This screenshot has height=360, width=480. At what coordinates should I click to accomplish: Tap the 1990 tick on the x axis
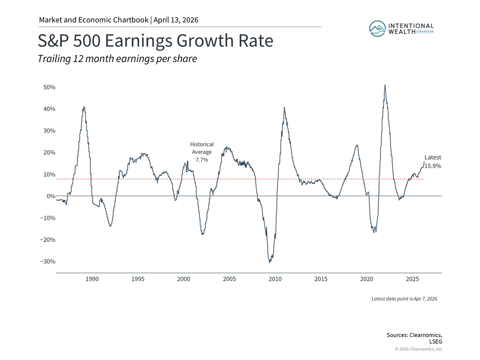point(92,279)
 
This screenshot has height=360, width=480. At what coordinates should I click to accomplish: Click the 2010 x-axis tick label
point(275,279)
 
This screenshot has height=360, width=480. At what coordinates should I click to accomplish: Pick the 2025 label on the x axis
point(412,279)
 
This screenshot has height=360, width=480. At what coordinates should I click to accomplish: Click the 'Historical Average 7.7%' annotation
point(202,152)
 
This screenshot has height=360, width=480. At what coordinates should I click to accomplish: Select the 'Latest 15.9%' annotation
point(432,162)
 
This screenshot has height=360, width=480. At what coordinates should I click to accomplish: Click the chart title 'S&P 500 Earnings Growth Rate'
point(155,41)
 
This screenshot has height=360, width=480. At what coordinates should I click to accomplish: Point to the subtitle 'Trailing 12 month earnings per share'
point(117,59)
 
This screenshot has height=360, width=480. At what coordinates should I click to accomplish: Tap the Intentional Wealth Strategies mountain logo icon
point(376,28)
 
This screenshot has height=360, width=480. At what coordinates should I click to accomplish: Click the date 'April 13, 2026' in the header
point(176,20)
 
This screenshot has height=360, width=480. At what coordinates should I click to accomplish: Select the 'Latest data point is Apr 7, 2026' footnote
point(404,299)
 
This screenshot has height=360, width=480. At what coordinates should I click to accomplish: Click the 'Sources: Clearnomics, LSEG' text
point(415,338)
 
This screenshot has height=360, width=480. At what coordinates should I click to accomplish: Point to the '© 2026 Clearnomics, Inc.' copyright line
point(419,349)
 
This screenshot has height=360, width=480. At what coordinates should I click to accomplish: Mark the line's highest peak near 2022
point(385,85)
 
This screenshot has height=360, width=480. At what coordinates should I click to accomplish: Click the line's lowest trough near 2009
point(270,262)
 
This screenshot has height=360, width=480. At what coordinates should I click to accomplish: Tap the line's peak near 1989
point(84,107)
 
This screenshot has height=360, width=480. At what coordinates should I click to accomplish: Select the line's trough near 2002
point(202,234)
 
